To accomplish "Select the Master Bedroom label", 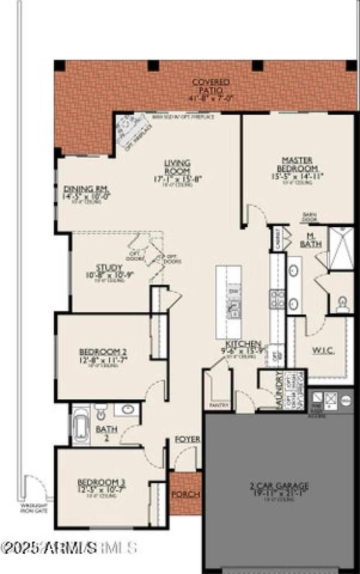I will click(x=297, y=164).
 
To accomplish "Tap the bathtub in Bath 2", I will click(x=81, y=424).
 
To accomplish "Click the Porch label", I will click(x=185, y=494).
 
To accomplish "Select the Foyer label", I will click(x=187, y=439).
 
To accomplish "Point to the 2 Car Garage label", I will click(x=279, y=486).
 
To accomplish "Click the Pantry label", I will click(x=219, y=405).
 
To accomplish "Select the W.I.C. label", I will click(x=323, y=350).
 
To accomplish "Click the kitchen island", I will click(x=228, y=301).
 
